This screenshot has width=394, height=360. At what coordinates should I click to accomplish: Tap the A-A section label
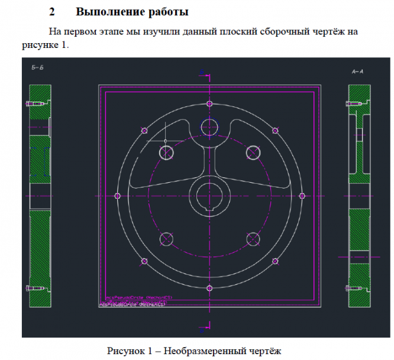[x=357, y=72]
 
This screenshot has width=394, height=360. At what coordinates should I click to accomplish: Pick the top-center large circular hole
[x=209, y=126]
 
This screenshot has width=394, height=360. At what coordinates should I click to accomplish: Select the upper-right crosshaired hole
[x=254, y=152]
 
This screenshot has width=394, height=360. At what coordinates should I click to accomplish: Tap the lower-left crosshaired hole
[x=166, y=239]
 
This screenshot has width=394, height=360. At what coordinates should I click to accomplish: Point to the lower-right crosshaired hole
[x=254, y=239]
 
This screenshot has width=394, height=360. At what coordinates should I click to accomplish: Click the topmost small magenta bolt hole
[x=210, y=104]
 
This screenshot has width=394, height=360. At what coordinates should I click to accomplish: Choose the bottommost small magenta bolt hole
[x=210, y=288]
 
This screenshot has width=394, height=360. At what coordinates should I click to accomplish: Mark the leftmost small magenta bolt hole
[x=118, y=196]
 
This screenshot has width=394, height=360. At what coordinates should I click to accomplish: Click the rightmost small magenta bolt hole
[x=302, y=196]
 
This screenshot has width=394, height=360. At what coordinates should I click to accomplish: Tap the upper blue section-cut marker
[x=204, y=73]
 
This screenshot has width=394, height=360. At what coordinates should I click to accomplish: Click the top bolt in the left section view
[x=34, y=104]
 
